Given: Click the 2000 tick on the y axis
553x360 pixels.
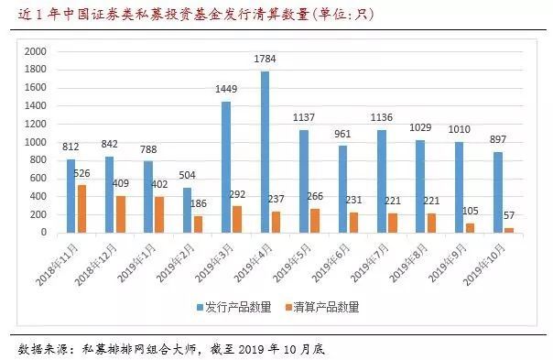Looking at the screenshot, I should tap(34, 52).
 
